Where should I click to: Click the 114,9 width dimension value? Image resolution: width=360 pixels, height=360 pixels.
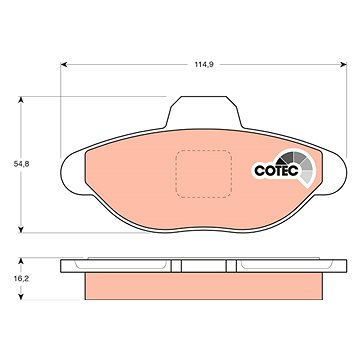[204, 65]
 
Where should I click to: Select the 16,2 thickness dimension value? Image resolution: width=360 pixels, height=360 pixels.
[21, 279]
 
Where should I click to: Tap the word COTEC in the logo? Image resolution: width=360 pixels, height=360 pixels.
[276, 171]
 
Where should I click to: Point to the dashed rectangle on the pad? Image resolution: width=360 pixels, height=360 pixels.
[204, 174]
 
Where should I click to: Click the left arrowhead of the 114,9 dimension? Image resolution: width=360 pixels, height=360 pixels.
[64, 65]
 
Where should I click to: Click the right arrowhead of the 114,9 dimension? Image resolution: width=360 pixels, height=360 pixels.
[343, 65]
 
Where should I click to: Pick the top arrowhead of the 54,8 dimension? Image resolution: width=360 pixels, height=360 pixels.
[21, 100]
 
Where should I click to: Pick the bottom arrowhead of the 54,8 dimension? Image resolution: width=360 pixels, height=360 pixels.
[21, 229]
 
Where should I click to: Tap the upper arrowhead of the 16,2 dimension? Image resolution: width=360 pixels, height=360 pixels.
[21, 261]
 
